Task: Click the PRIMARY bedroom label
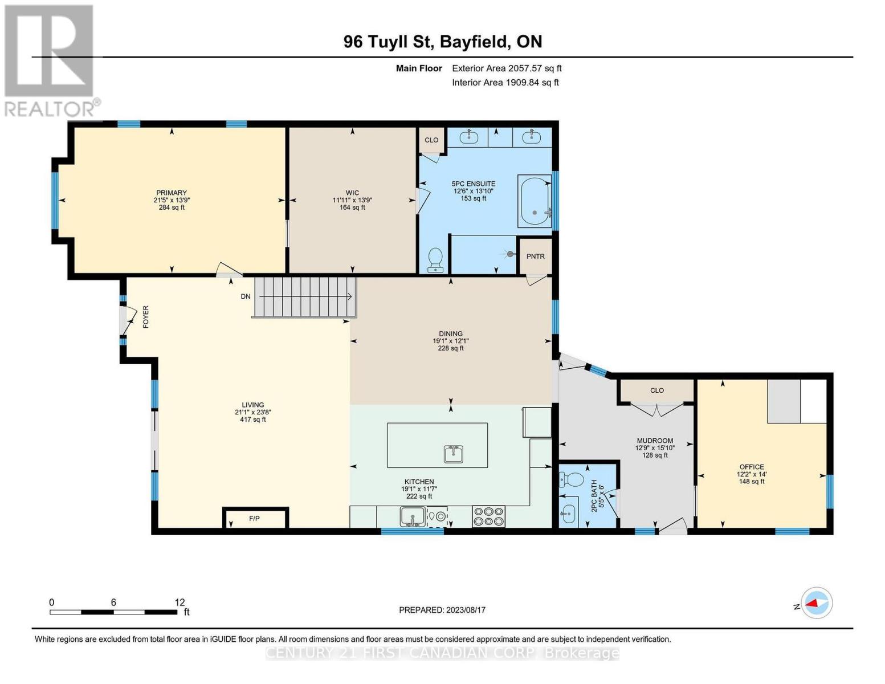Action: coord(172,193)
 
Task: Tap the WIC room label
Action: coord(352,193)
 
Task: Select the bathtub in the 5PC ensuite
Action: coord(534,201)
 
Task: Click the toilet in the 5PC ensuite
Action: coord(436,260)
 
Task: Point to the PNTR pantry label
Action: coord(535,256)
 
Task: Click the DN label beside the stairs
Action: coord(246,296)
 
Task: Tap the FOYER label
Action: coord(146,317)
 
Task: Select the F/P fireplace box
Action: coord(255,519)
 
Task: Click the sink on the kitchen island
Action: coord(454,454)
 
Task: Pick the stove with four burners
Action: coord(488,516)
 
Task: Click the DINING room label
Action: coord(451,333)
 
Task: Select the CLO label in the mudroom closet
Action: coord(657,390)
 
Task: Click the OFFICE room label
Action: coord(752,467)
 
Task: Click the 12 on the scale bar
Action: coord(180,602)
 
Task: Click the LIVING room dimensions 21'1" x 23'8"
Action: coord(253,412)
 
